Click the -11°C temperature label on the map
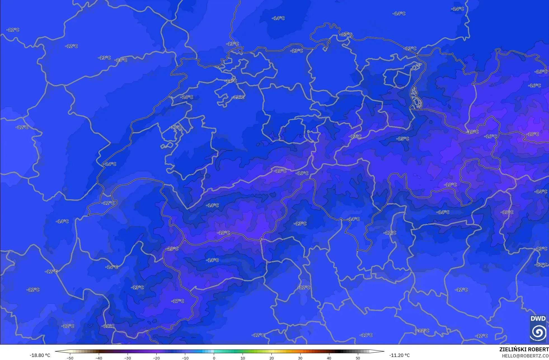(366, 335)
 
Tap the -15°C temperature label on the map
(403, 138)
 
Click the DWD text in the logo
(538, 319)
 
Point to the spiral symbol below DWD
(538, 332)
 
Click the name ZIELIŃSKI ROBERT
(524, 349)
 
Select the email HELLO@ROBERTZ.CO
(525, 356)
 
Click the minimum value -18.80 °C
(40, 355)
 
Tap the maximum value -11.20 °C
(399, 355)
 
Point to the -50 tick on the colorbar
(70, 358)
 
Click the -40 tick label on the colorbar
(99, 358)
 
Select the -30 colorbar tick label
(128, 358)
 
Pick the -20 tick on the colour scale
(156, 358)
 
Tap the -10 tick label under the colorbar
(185, 358)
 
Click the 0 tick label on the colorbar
(214, 358)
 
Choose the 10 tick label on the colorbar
(243, 358)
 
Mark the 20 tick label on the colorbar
(271, 358)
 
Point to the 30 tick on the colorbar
(300, 358)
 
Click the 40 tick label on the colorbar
(329, 358)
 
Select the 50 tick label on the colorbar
(358, 358)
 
